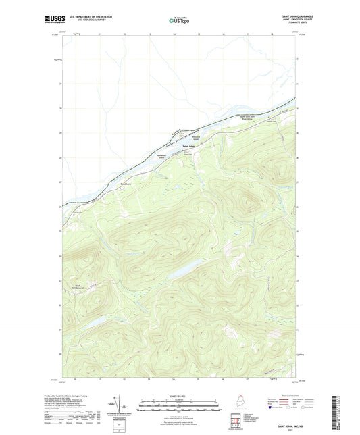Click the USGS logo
(53, 21)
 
